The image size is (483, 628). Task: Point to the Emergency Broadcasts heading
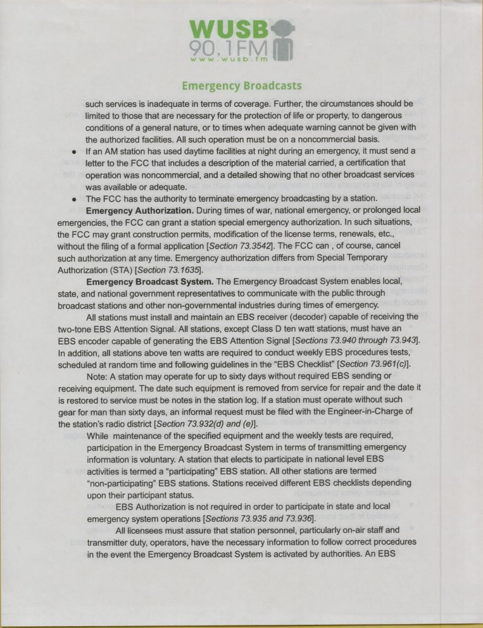[x=241, y=85]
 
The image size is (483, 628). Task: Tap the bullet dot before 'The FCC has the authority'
[x=75, y=198]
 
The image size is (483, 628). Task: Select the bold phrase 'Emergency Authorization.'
[x=139, y=210]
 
